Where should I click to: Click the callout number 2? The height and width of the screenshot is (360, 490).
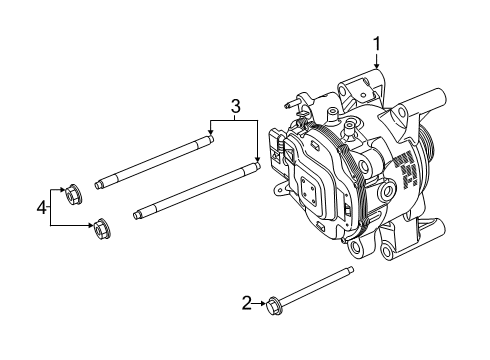click(247, 301)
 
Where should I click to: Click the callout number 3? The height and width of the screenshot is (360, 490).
click(235, 106)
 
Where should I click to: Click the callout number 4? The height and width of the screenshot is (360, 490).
click(42, 207)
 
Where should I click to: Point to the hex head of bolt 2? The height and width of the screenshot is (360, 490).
click(273, 302)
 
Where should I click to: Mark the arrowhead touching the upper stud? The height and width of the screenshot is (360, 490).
click(210, 137)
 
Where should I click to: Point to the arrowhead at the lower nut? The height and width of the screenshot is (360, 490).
click(91, 223)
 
